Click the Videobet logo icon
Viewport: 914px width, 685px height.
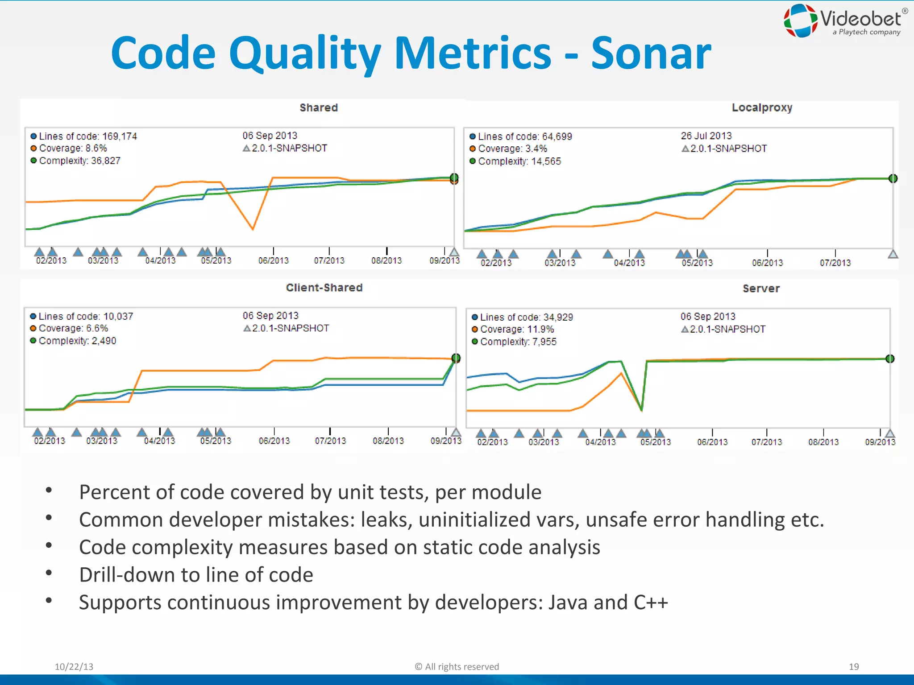coord(801,21)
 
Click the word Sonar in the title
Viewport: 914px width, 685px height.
coord(651,54)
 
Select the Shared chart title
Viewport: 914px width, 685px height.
coord(319,108)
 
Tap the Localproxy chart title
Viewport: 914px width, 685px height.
coord(762,108)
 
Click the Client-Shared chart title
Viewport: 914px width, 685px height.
coord(324,288)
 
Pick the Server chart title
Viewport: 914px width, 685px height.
coord(761,289)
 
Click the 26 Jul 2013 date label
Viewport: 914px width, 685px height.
coord(706,136)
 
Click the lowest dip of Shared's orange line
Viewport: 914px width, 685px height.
coord(253,229)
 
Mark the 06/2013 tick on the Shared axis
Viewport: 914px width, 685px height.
coord(273,260)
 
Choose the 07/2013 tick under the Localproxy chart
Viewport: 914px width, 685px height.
coord(835,263)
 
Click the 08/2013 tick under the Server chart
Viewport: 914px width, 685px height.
coord(823,442)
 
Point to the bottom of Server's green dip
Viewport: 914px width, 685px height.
coord(641,409)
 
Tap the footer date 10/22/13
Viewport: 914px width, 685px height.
coord(74,667)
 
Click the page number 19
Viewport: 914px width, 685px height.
coord(853,667)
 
